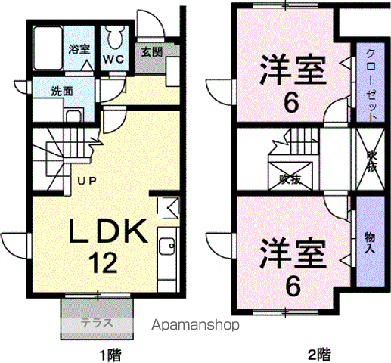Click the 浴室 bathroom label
tap(79, 49)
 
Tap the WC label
tap(113, 60)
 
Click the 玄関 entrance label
tap(152, 52)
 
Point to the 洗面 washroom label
tap(62, 92)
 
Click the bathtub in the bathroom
tap(48, 48)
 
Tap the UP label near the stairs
tap(87, 181)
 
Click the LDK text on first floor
tap(108, 231)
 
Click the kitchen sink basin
tap(167, 246)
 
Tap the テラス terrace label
tap(97, 323)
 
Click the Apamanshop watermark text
tap(195, 324)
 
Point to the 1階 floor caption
tap(110, 355)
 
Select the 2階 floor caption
tap(319, 355)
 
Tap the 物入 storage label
tap(370, 243)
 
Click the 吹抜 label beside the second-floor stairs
tap(290, 179)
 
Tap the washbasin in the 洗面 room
tap(73, 116)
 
